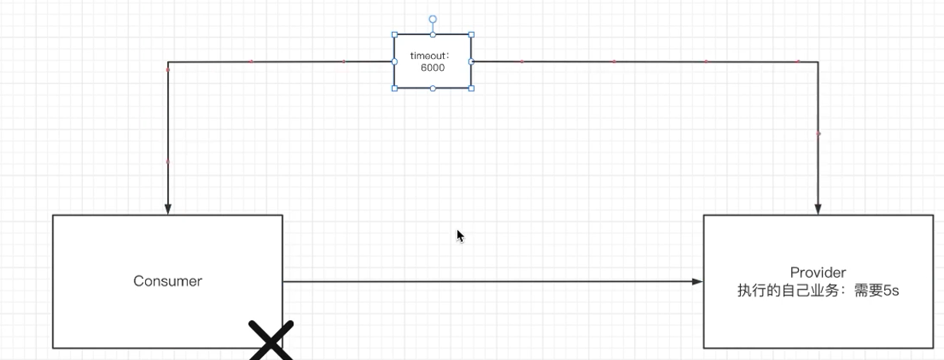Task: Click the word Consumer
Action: pos(167,281)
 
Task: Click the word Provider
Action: pos(817,272)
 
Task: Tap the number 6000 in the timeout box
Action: pos(433,68)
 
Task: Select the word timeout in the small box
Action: pos(429,56)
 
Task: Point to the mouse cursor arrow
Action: pos(459,235)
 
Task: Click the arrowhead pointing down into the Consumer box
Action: pos(168,209)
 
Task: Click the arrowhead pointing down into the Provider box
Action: pos(818,209)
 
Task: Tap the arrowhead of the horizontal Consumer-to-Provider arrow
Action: pos(697,281)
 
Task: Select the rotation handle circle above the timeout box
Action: pos(433,18)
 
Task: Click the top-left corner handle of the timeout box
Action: pos(394,34)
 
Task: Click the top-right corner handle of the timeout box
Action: pos(471,34)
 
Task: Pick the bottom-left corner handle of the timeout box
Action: pos(394,88)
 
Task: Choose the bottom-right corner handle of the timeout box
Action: pos(471,88)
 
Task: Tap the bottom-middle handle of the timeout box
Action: pos(433,88)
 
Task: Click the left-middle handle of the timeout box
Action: pos(394,61)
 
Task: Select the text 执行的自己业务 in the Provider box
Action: pos(781,291)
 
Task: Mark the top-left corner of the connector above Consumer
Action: pos(168,61)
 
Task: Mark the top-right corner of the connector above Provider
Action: pos(818,61)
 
